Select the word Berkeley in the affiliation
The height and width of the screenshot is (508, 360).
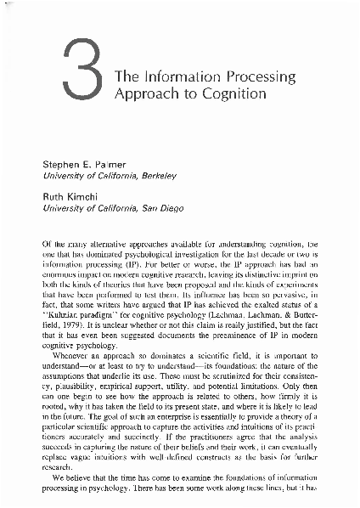(155, 176)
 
